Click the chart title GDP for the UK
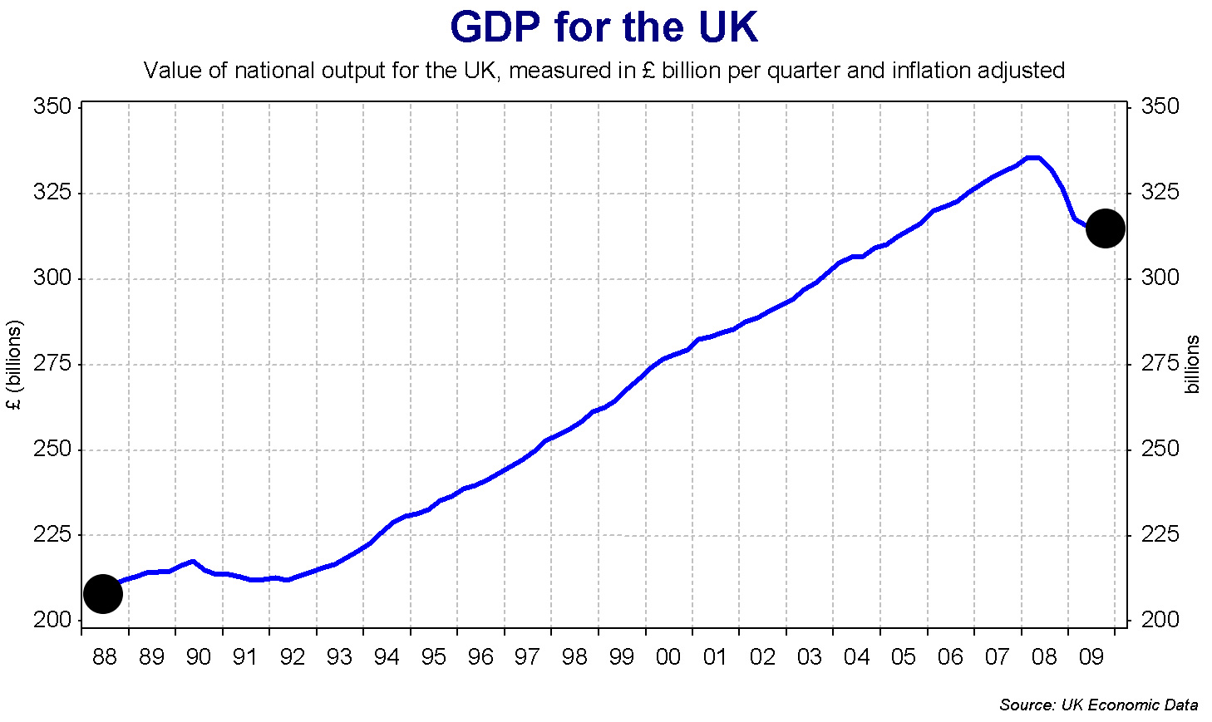coord(604,27)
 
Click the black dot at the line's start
coord(103,593)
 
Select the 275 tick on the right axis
coord(1160,363)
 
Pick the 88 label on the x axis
coord(105,657)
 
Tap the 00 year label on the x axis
coord(668,657)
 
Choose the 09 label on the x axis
coord(1091,657)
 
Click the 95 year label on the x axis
coord(434,657)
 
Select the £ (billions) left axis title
coord(14,365)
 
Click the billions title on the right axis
coord(1193,365)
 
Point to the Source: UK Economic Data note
coord(1098,705)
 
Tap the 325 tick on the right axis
coord(1160,193)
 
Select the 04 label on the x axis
coord(856,657)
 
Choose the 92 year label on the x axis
coord(293,657)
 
